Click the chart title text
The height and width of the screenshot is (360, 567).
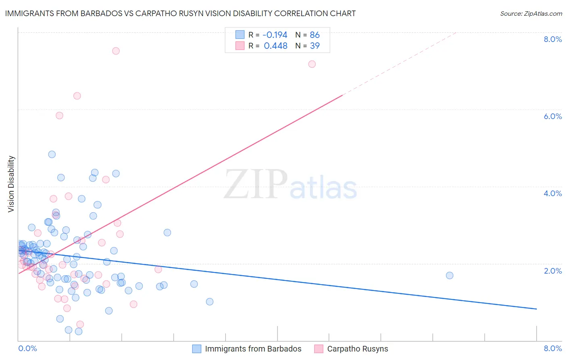point(180,13)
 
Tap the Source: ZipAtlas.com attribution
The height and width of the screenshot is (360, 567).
point(531,13)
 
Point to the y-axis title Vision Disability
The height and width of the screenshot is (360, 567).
point(11,184)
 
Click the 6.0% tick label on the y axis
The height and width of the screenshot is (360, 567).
point(552,116)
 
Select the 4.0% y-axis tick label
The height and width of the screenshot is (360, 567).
point(552,193)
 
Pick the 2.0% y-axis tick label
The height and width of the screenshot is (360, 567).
point(552,271)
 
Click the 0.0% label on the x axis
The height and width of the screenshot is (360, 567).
point(27,348)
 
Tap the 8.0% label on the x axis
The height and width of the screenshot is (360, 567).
point(552,348)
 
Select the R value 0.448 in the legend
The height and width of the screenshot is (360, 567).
point(275,46)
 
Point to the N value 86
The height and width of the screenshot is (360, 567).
point(315,35)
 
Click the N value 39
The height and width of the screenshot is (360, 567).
point(315,46)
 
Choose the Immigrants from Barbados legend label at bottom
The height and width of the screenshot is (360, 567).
point(253,349)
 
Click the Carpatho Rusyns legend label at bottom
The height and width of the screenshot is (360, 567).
point(357,349)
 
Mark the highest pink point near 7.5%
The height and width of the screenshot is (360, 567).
point(116,51)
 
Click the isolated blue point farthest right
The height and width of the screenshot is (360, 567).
point(450,275)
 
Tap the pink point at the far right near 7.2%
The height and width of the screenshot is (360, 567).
point(312,64)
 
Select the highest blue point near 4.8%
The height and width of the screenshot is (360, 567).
point(52,154)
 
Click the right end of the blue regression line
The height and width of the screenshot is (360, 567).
point(536,309)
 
